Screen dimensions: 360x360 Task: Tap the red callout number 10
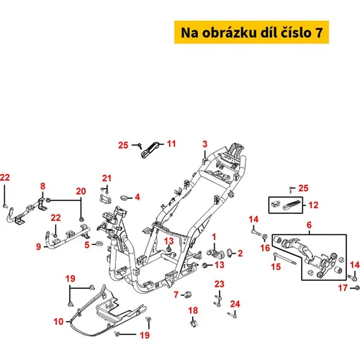click(x=58, y=322)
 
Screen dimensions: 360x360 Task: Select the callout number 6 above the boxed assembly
click(x=309, y=225)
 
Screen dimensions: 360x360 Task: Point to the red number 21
click(x=107, y=179)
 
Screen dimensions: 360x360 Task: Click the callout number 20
click(x=81, y=192)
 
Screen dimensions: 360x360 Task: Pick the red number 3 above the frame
click(x=204, y=144)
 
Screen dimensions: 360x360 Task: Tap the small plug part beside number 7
click(x=188, y=294)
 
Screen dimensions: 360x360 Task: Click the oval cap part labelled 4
click(x=125, y=198)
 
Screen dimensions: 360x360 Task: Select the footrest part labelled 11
click(x=150, y=150)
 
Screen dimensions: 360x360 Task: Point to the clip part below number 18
click(x=194, y=323)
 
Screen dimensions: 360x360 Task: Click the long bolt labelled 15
click(x=284, y=259)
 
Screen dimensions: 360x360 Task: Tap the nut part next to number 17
click(x=357, y=287)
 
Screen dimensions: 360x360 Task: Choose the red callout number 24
click(x=235, y=304)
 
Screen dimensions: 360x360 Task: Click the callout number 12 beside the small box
click(x=313, y=205)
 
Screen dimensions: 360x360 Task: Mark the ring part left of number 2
click(x=229, y=252)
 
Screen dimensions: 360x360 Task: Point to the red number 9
click(x=38, y=246)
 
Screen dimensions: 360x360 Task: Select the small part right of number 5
click(x=99, y=244)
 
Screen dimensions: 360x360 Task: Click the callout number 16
click(x=265, y=248)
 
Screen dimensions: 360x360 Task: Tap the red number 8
click(x=42, y=186)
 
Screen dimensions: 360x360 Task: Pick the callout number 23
click(x=220, y=284)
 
